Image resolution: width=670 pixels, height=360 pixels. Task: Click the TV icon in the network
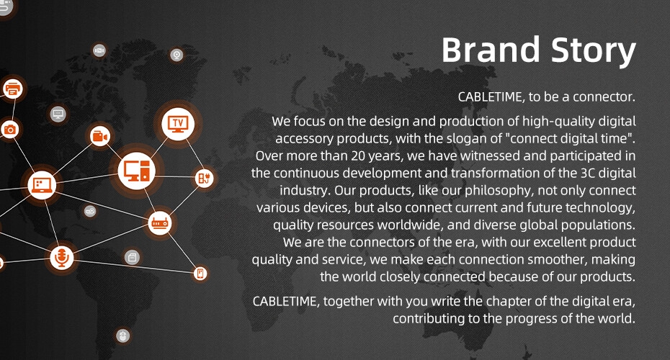point(178,124)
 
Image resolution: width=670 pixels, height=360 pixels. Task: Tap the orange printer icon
point(12,89)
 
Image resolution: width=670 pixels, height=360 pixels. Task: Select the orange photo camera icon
point(9,130)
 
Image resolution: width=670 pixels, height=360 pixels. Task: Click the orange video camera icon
point(100,136)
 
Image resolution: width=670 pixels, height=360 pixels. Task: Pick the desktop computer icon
point(136,171)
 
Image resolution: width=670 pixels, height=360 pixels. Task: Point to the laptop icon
point(42,185)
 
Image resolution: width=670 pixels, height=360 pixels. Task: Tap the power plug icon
point(204,178)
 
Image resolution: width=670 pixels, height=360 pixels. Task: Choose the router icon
point(160,223)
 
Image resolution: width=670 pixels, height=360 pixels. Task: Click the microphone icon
point(61,258)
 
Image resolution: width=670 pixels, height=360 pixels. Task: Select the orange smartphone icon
point(200,274)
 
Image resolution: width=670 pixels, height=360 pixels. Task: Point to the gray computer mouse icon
point(123,336)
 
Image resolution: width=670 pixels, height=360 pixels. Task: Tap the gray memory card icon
point(132,257)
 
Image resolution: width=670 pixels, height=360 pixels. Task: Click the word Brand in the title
point(491,50)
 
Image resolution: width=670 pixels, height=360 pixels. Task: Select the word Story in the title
point(594,52)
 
